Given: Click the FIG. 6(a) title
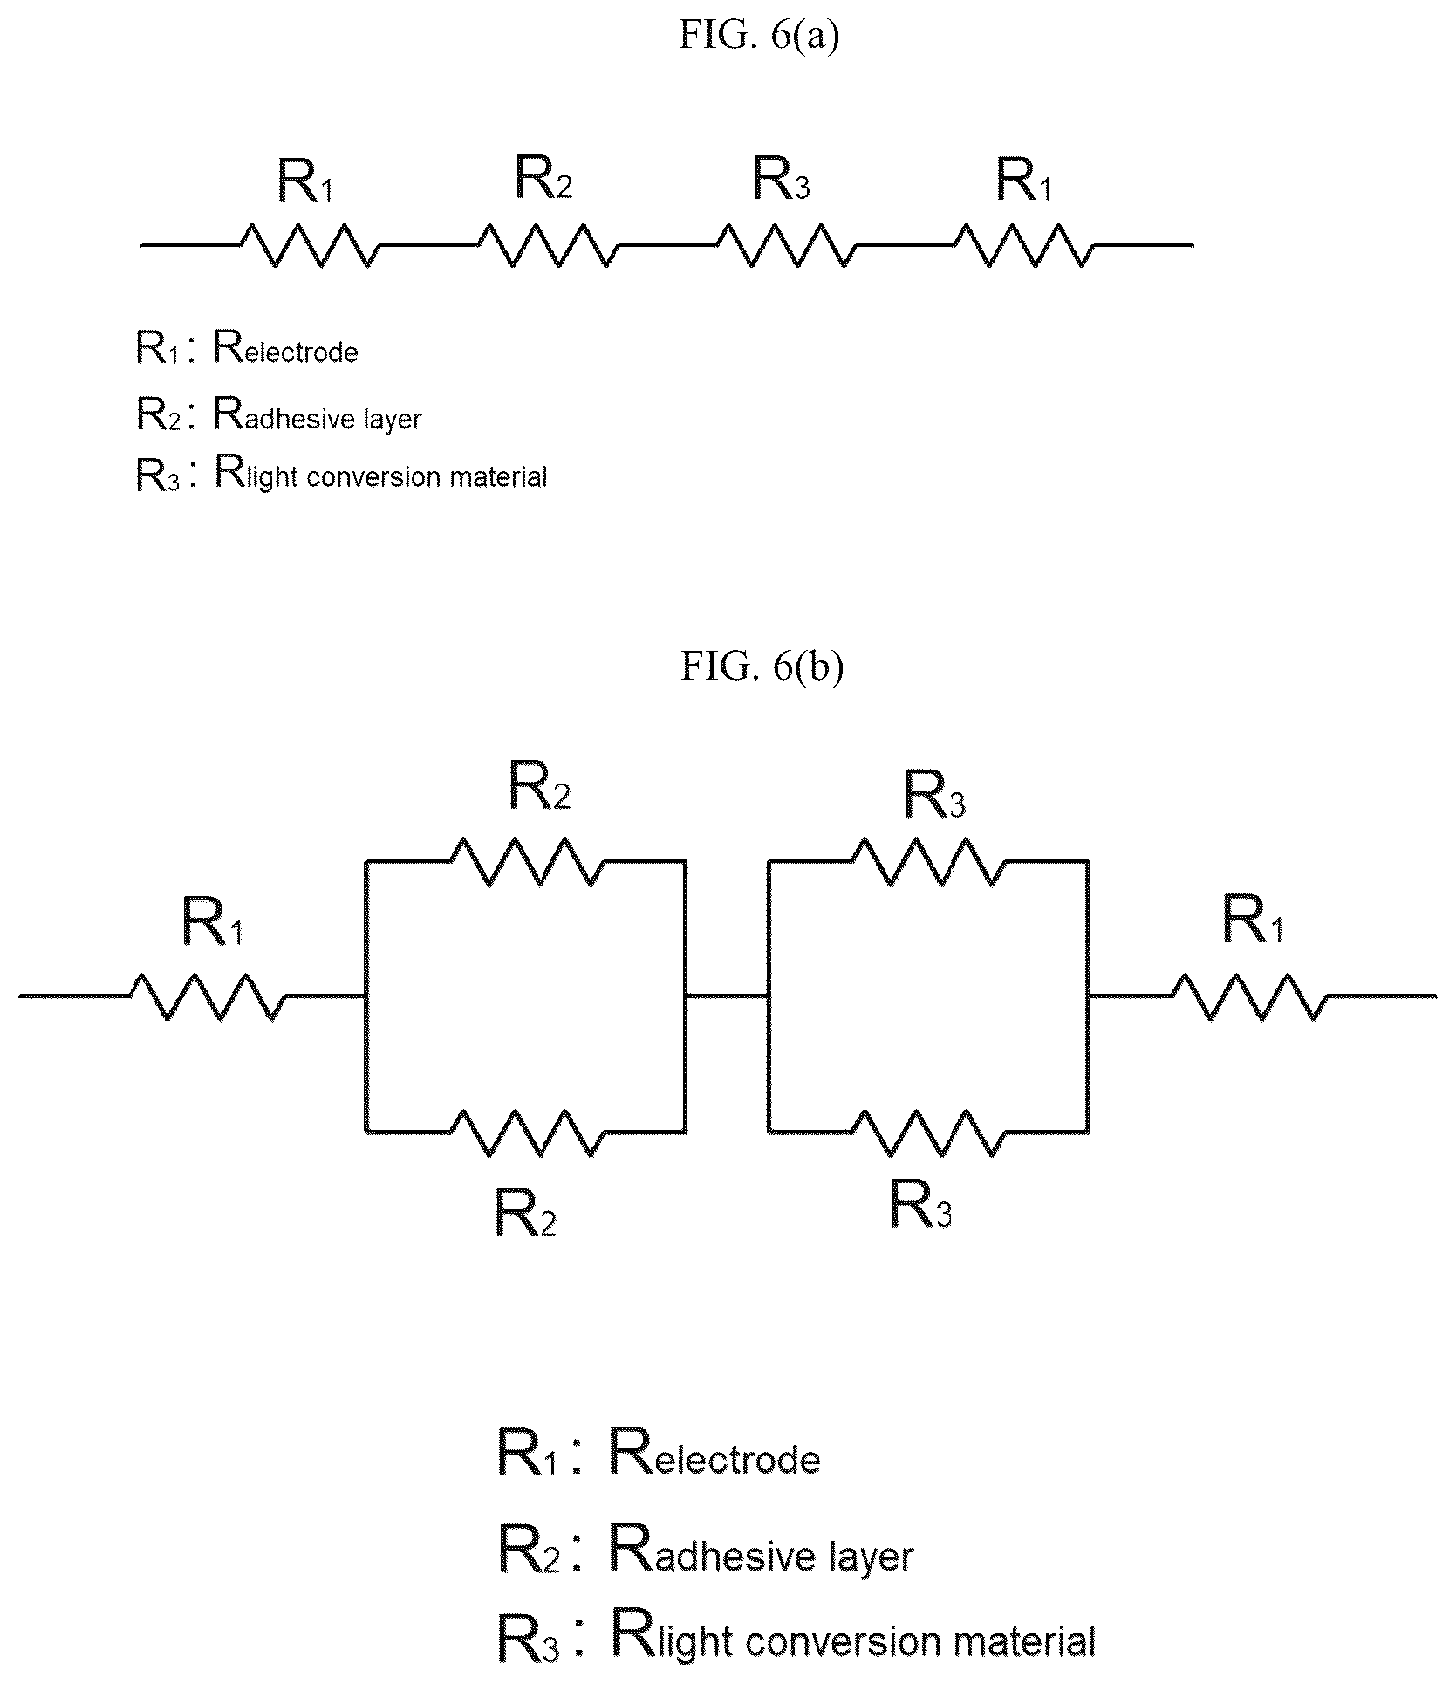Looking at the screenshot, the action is tap(759, 37).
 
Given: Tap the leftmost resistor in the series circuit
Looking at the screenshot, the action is tap(311, 245).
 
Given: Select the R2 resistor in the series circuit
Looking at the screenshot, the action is tap(549, 245).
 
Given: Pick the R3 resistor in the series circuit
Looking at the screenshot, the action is tap(786, 245).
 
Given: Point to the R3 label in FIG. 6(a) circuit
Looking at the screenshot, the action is tap(782, 180).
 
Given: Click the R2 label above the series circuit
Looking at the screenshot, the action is tap(543, 178).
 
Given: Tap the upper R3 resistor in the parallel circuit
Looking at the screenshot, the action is tap(928, 861).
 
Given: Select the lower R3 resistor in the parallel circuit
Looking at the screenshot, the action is tap(928, 1133).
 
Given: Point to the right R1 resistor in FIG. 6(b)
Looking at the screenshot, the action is tap(1249, 996).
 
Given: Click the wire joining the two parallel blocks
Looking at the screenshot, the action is tap(727, 995).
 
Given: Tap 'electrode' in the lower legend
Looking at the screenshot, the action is tap(737, 1460).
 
